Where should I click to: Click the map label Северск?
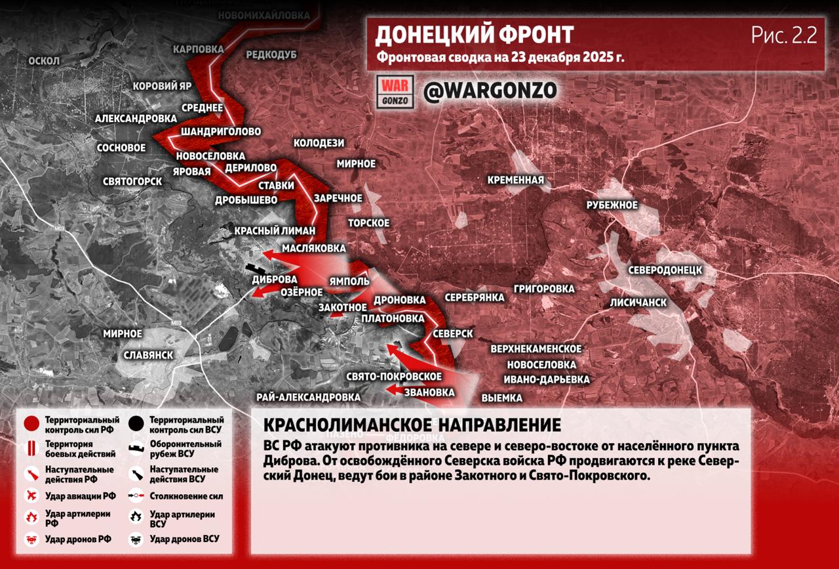(452, 334)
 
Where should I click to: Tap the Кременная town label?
(515, 180)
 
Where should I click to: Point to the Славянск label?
(148, 355)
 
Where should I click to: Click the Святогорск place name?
(132, 181)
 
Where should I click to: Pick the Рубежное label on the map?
(612, 205)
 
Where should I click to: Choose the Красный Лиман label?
(275, 231)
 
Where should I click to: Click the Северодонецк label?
(665, 270)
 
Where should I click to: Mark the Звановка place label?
(429, 392)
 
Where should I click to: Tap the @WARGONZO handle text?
(490, 91)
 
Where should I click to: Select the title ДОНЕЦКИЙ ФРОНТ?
(475, 34)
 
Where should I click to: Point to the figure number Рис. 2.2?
(784, 35)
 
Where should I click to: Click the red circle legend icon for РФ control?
(31, 425)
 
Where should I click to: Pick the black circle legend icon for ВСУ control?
(136, 424)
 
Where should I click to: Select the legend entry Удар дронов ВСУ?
(184, 539)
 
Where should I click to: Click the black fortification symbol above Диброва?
(256, 270)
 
